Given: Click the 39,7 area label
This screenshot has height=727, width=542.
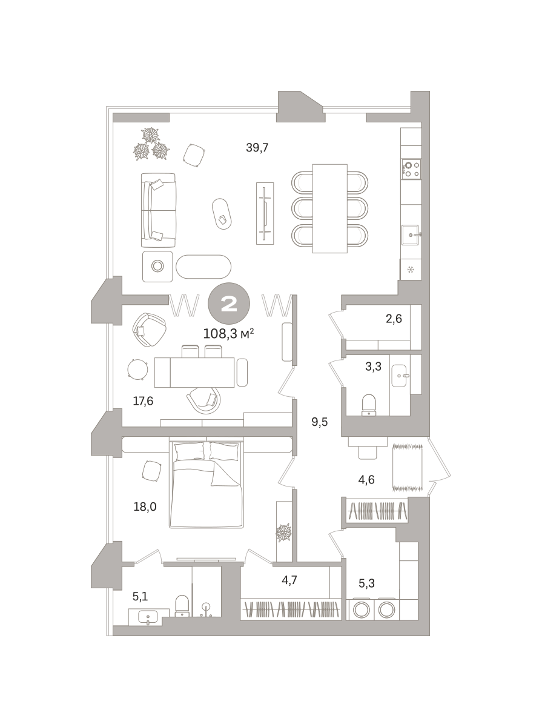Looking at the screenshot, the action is pyautogui.click(x=257, y=148).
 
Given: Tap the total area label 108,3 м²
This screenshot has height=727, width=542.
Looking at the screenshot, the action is pyautogui.click(x=228, y=334).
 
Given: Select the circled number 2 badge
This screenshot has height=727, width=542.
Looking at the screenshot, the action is pyautogui.click(x=229, y=304).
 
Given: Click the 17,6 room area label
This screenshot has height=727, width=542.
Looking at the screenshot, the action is pyautogui.click(x=143, y=401).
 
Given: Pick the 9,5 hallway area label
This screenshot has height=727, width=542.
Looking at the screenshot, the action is pyautogui.click(x=320, y=422).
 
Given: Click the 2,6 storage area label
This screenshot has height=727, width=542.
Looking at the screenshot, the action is pyautogui.click(x=394, y=319).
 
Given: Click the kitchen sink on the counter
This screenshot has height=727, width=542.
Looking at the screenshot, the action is pyautogui.click(x=411, y=235).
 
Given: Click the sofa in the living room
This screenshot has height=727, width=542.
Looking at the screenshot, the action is pyautogui.click(x=158, y=210).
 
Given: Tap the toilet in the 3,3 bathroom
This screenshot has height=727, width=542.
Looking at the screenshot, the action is pyautogui.click(x=369, y=405).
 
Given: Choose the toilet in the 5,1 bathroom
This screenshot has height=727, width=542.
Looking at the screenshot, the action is pyautogui.click(x=182, y=606).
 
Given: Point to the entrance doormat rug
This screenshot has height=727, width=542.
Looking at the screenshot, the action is pyautogui.click(x=408, y=467).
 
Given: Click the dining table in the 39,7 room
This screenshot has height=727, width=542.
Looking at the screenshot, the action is pyautogui.click(x=329, y=208).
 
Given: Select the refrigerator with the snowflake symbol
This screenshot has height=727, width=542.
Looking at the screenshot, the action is pyautogui.click(x=411, y=270).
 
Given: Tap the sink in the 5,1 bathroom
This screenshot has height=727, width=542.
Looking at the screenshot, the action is pyautogui.click(x=148, y=617).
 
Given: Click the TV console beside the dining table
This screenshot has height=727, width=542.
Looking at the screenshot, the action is pyautogui.click(x=265, y=214).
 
